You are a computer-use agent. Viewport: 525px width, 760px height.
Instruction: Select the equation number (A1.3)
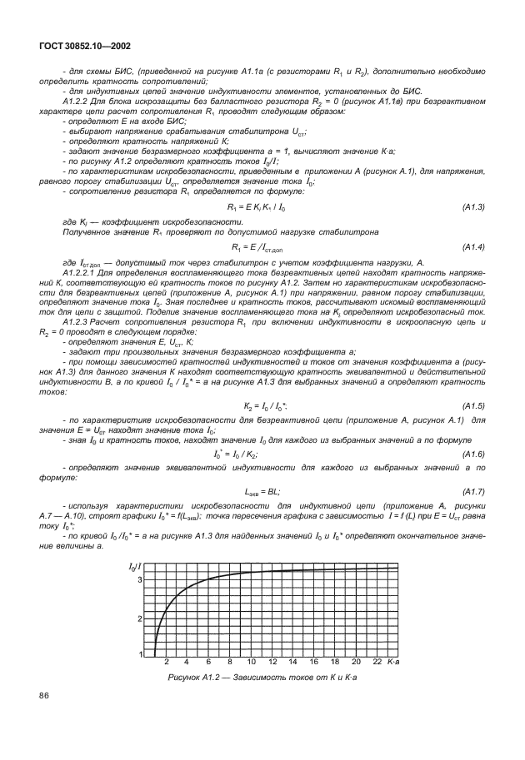[x=472, y=206]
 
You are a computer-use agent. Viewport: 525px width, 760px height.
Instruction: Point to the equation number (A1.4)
[x=472, y=247]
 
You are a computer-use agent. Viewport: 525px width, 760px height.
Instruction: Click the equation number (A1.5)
[x=472, y=405]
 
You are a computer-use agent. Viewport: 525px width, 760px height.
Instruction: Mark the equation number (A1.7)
[x=472, y=491]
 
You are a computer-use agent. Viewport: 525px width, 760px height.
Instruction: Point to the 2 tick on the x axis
[x=167, y=661]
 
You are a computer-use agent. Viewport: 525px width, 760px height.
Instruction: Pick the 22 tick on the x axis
[x=377, y=661]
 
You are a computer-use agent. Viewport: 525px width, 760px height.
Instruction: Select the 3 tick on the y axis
[x=139, y=578]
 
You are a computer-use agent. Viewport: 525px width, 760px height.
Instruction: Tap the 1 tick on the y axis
[x=139, y=654]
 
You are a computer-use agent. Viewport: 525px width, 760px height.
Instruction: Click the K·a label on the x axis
[x=393, y=661]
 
